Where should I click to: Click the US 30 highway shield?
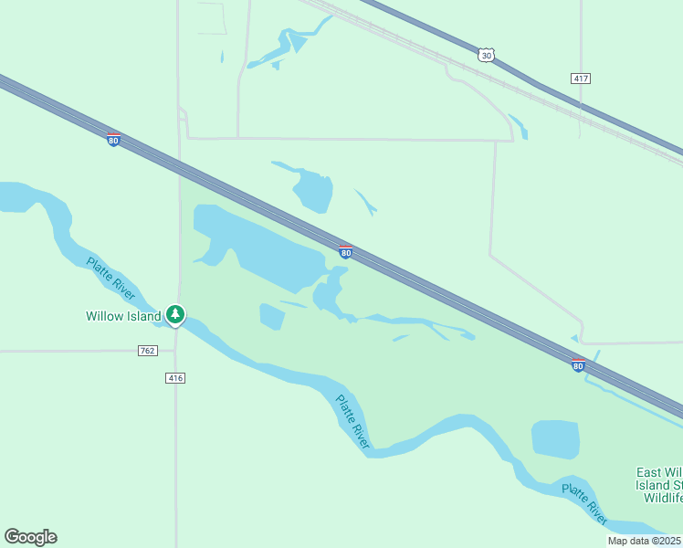click(486, 55)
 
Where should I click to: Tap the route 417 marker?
click(581, 79)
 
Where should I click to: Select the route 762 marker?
click(148, 351)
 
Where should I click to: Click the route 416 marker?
click(176, 378)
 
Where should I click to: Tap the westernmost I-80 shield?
click(113, 140)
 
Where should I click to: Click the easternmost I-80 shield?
click(578, 365)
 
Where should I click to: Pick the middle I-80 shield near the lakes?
click(345, 251)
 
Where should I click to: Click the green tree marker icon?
click(175, 315)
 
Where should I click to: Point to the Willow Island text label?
click(123, 317)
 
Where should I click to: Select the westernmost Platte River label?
click(111, 279)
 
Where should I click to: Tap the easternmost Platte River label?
click(584, 503)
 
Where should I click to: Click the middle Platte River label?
click(352, 421)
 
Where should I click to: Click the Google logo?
click(30, 537)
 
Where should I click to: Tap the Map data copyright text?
click(645, 541)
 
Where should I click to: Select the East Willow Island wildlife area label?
click(659, 485)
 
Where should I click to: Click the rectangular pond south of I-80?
click(555, 439)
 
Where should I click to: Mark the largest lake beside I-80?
click(260, 242)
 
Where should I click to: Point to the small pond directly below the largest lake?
click(272, 316)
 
